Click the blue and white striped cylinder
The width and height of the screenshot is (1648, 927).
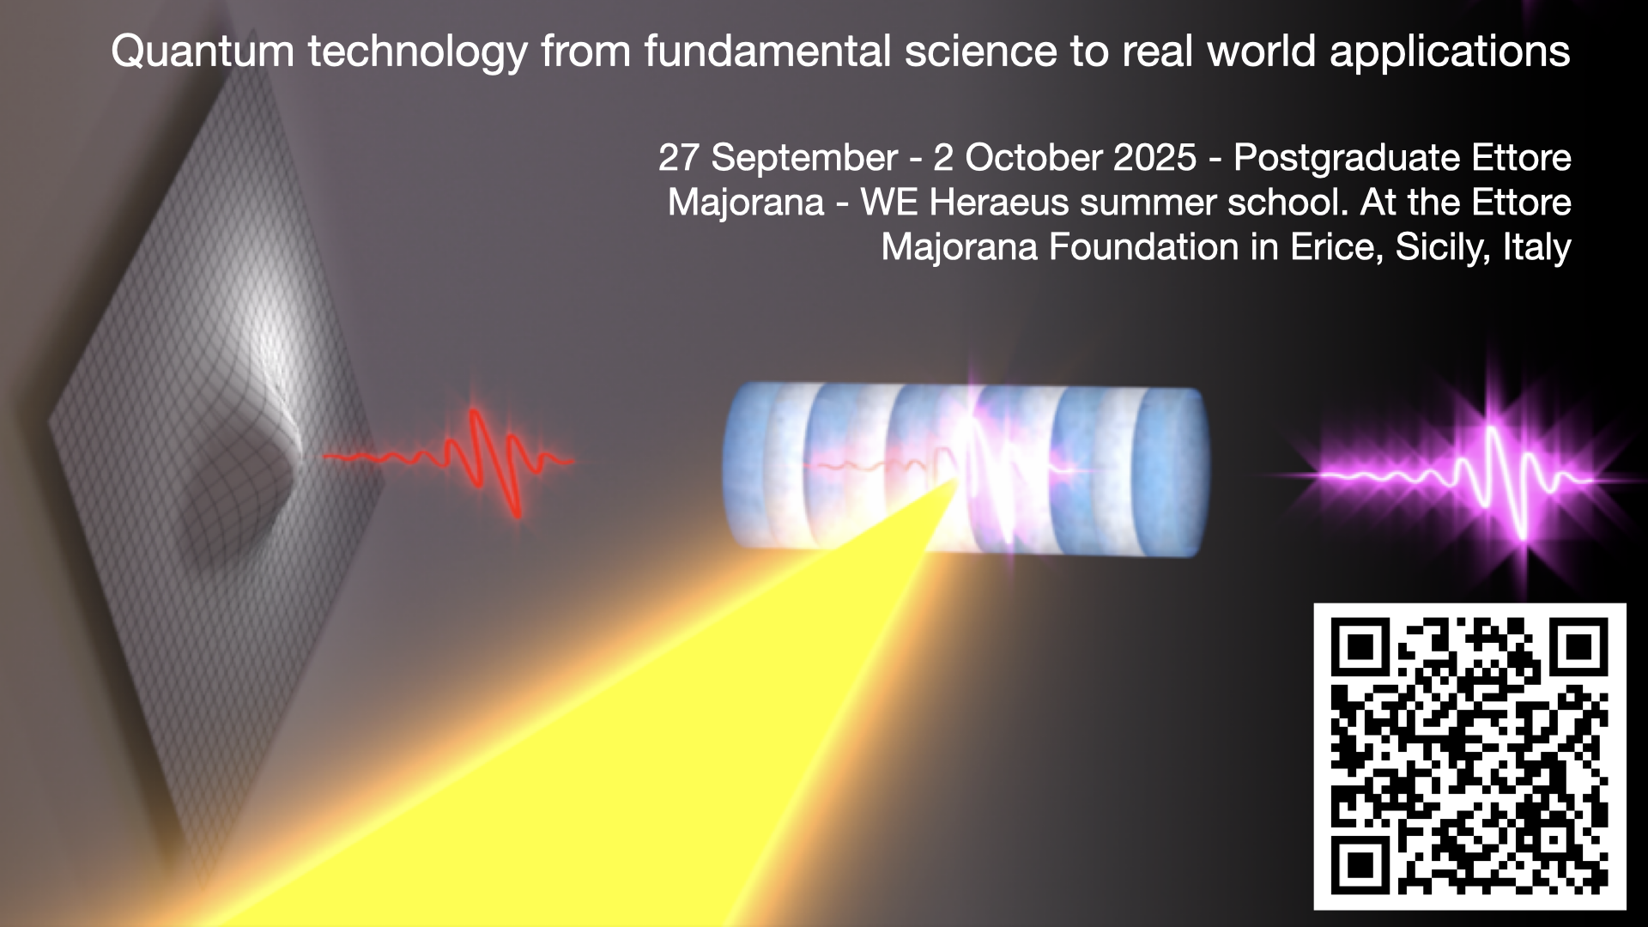(x=966, y=469)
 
